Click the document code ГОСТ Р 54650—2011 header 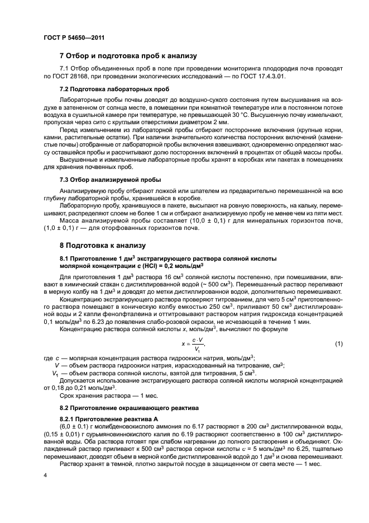[x=74, y=37]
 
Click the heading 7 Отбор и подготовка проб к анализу [x=127, y=56]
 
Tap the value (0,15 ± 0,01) [x=64, y=435]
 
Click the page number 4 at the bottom [x=46, y=474]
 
